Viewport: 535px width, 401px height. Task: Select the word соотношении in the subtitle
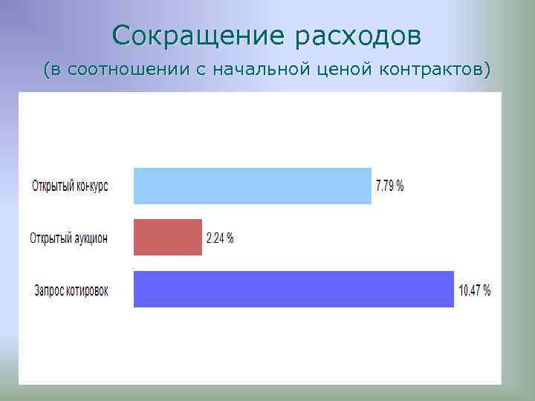[x=129, y=71]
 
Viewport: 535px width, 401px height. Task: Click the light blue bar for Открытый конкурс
[x=252, y=186]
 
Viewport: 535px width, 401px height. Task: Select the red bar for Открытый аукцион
[x=167, y=237]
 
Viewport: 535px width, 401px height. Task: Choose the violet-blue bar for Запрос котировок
[x=294, y=289]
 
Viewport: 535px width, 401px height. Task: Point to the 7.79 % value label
[x=390, y=186]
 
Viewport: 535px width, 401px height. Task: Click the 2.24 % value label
[x=220, y=238]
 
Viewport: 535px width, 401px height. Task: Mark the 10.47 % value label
[x=475, y=290]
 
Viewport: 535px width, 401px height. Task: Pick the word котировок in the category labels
[x=88, y=290]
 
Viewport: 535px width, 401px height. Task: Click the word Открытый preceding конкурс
[x=52, y=186]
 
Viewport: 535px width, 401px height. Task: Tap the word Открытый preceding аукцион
[x=51, y=238]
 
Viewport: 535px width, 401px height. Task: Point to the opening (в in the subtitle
[x=50, y=71]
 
